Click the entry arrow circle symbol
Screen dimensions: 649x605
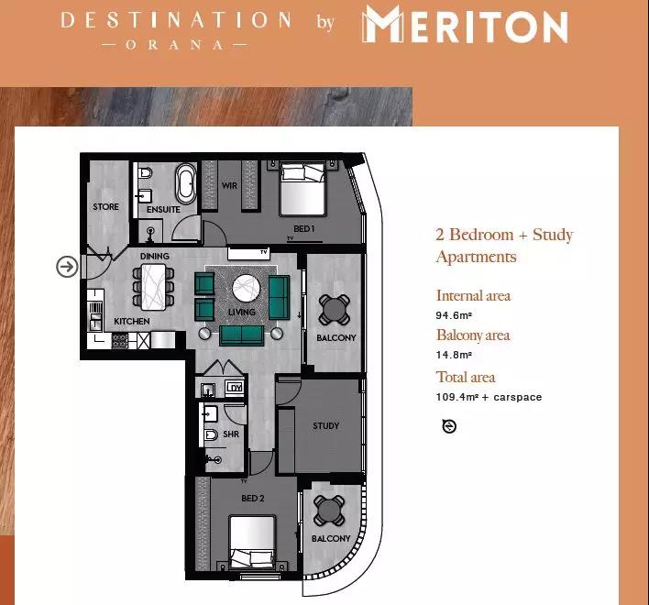(x=67, y=266)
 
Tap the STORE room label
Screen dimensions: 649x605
(x=105, y=206)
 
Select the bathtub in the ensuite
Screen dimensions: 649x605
(x=186, y=183)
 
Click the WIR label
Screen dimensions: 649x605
(x=229, y=185)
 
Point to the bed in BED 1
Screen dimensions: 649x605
(x=302, y=189)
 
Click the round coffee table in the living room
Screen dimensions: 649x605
(x=247, y=288)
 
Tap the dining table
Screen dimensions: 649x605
(x=154, y=287)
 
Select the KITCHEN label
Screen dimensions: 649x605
(x=132, y=321)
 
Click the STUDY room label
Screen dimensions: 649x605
(x=325, y=425)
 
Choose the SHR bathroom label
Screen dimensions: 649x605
(x=231, y=434)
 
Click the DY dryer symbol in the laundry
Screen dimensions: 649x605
(x=235, y=388)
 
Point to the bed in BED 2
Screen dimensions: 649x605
(x=252, y=542)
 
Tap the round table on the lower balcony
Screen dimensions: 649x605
(x=329, y=511)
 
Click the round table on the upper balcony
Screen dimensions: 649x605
(x=335, y=310)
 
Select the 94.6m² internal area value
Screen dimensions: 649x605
(x=454, y=315)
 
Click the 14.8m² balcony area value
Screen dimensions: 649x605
(x=454, y=355)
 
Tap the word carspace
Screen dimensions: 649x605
(x=517, y=397)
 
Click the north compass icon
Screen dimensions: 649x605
(x=449, y=426)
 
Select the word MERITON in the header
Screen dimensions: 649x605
(x=465, y=26)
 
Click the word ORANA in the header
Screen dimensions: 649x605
(x=174, y=45)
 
